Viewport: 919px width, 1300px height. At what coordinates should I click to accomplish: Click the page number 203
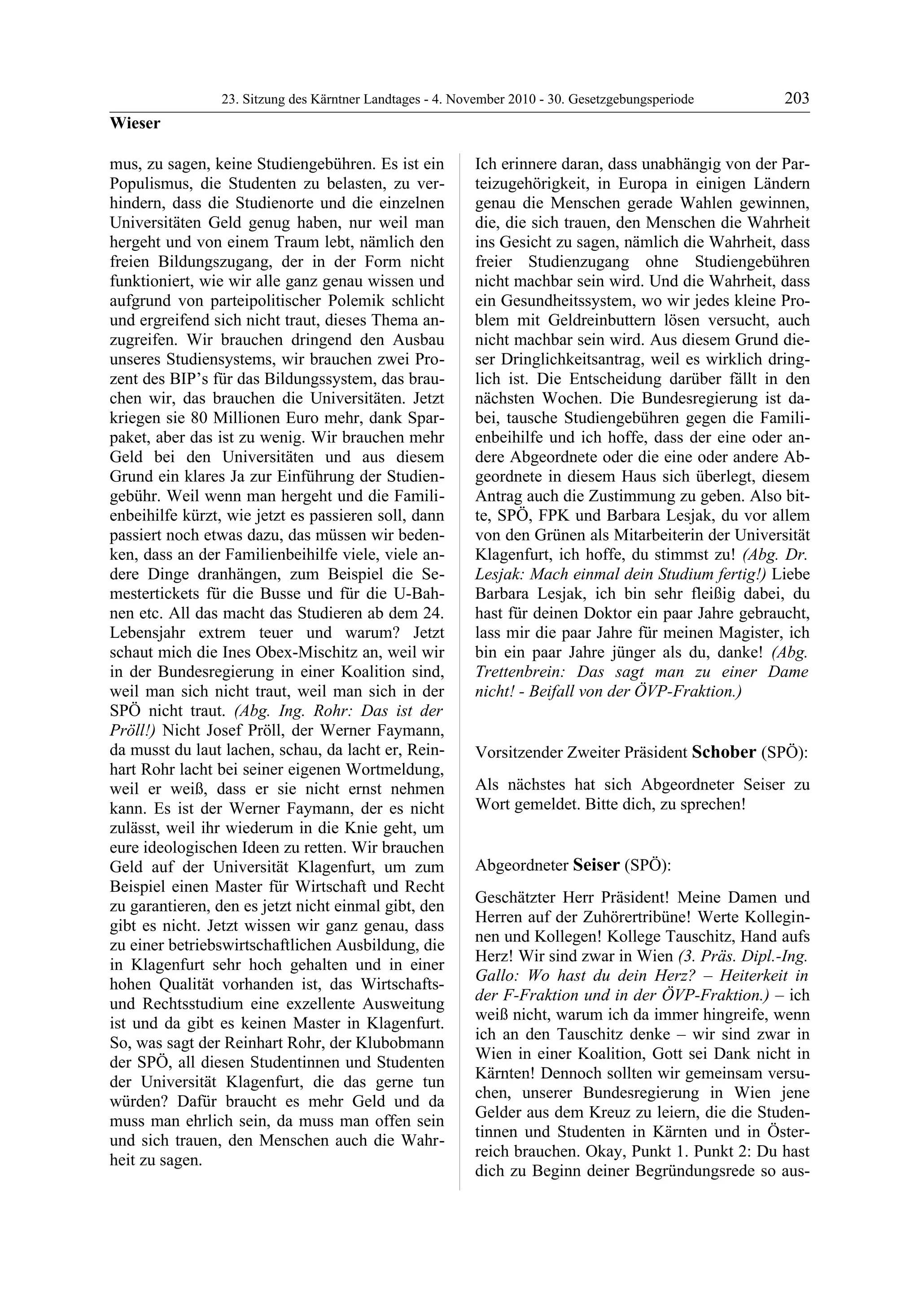click(796, 99)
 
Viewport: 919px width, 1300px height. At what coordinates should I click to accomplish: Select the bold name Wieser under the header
click(135, 123)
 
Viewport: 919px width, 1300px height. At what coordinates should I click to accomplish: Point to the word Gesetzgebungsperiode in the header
click(631, 100)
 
